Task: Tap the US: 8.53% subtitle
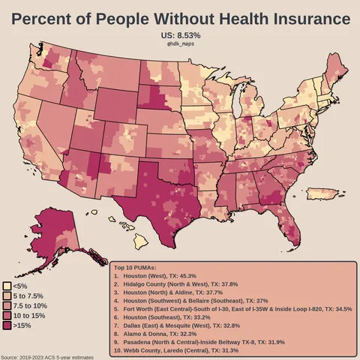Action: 180,35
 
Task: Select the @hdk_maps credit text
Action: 180,44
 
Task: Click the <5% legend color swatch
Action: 7,286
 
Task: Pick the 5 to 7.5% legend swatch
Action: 7,296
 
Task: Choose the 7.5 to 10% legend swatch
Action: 7,306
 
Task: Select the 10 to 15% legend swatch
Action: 7,316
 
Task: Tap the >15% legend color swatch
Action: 7,326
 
